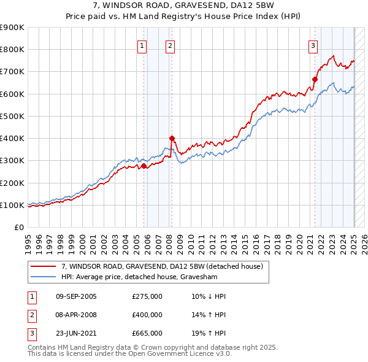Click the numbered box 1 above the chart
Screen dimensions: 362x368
142,45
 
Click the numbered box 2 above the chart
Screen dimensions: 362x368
170,45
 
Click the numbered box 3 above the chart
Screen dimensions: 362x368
313,45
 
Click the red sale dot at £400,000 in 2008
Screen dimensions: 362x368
172,138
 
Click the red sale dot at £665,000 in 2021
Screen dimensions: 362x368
315,79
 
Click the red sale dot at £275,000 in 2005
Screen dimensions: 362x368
144,166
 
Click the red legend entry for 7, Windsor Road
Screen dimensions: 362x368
162,266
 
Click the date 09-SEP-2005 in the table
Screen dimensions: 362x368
76,296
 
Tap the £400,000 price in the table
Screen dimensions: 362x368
147,315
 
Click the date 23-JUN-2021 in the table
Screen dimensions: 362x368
76,333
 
